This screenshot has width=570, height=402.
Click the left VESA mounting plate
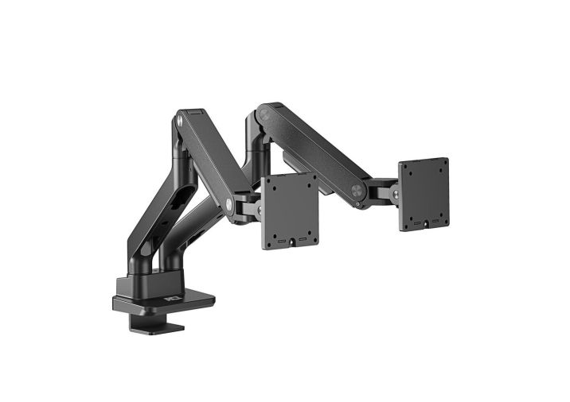[x=291, y=211]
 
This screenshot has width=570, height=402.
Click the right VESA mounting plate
[x=424, y=194]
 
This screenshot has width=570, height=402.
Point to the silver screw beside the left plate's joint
[x=229, y=204]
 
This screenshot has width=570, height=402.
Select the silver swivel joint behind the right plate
[x=393, y=191]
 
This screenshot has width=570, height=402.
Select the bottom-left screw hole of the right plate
[x=412, y=207]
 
